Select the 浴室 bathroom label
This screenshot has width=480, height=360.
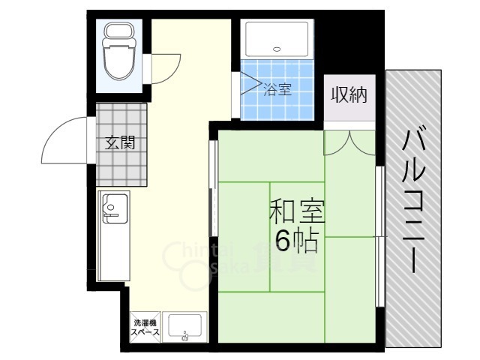tap(277, 88)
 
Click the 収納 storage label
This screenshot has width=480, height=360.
tap(349, 95)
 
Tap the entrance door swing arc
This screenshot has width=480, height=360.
tap(64, 142)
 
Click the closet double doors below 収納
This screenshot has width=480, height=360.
tap(349, 140)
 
